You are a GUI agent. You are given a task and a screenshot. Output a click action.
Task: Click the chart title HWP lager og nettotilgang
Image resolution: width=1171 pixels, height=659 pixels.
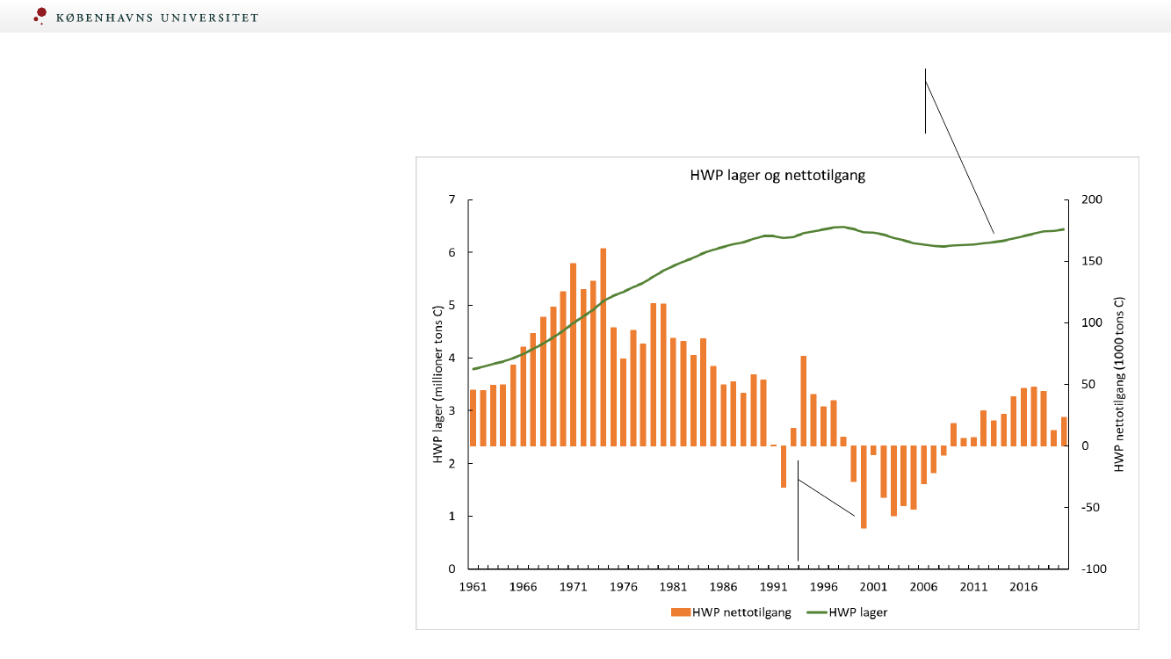point(777,175)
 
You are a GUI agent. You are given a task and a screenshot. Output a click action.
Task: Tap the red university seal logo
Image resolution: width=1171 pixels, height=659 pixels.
point(40,16)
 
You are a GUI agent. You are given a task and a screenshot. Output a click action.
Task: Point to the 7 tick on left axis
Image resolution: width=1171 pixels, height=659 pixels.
point(452,200)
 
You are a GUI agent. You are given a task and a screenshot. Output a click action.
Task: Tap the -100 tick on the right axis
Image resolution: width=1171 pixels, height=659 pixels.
point(1080,569)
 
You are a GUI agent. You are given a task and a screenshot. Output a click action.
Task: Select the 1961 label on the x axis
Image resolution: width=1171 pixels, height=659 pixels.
point(473,586)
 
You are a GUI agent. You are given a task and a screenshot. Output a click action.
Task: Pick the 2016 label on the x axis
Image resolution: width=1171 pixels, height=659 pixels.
point(1023,586)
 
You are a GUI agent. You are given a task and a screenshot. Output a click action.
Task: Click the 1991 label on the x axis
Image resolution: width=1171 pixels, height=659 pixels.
point(773,586)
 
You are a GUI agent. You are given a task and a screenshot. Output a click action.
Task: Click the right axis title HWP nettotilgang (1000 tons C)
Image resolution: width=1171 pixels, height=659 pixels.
point(1119,384)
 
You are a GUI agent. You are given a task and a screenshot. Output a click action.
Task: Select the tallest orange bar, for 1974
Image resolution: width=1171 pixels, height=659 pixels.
point(604,347)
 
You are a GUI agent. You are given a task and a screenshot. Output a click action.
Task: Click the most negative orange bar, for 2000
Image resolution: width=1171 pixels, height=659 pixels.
point(864,487)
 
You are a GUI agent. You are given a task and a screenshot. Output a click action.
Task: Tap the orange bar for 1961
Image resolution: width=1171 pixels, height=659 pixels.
point(473,417)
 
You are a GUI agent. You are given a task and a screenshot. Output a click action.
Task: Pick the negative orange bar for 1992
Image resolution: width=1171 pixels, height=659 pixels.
point(784,467)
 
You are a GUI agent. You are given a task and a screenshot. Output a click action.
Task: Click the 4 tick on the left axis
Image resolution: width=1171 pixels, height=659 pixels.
point(452,358)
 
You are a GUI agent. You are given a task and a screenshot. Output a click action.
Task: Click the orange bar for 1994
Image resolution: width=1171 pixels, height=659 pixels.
point(804,401)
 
